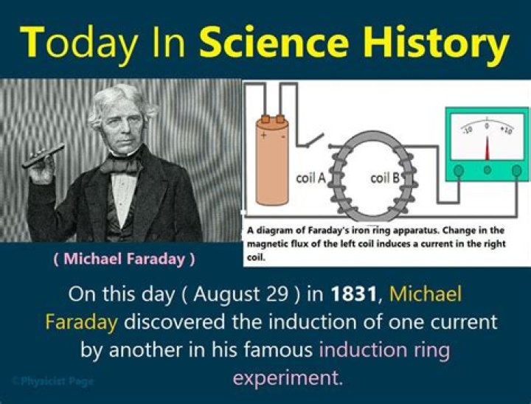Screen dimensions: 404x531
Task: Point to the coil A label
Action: (310, 178)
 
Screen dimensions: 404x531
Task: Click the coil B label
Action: (385, 178)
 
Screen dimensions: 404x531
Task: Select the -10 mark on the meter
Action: (466, 130)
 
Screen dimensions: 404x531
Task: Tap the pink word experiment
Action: (288, 378)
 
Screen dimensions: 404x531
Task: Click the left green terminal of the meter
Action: (459, 170)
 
